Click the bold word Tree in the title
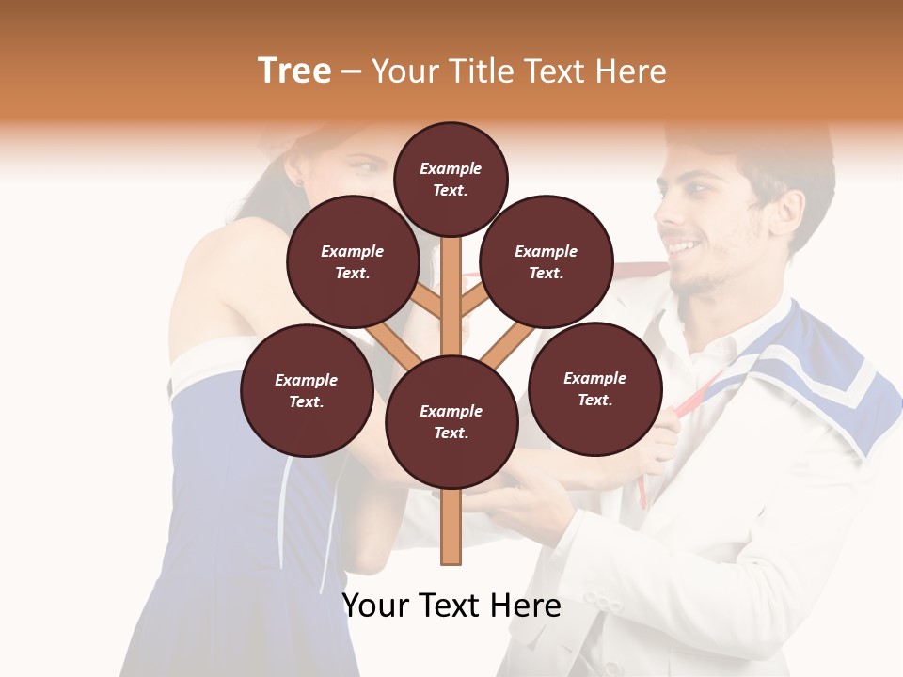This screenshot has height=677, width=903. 294,71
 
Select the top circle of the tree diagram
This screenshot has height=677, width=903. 451,179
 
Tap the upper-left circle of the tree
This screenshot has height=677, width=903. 353,261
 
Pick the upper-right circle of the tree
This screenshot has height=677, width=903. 547,261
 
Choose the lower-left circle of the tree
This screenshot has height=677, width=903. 307,390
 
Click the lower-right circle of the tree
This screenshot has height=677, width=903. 594,388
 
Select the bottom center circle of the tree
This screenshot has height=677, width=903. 451,421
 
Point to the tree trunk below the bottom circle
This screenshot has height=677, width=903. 451,527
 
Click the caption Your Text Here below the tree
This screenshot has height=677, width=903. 451,606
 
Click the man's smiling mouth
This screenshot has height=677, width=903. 685,247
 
